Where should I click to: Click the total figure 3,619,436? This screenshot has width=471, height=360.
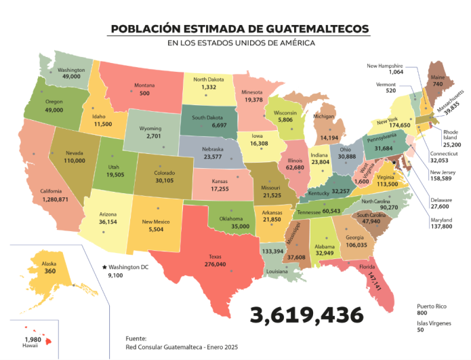coord(306,315)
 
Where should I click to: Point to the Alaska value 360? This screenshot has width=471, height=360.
coord(49,271)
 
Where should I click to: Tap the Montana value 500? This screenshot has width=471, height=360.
coord(144,94)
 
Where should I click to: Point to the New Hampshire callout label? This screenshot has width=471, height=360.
coord(385,66)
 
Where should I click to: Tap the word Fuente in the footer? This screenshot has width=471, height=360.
coord(136,338)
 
